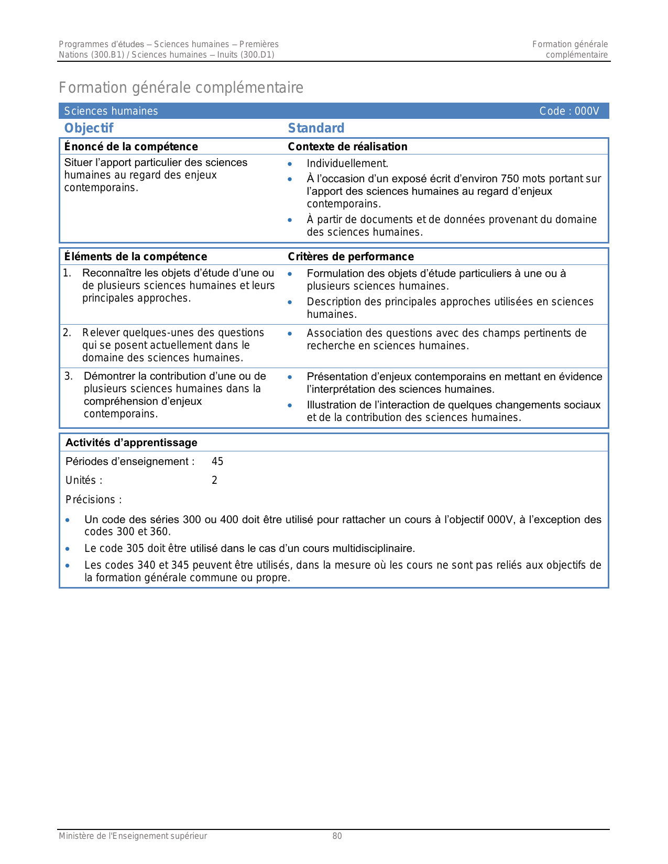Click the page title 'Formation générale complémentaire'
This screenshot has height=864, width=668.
[181, 87]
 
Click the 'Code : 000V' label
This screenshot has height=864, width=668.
[569, 111]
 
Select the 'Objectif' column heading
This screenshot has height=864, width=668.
[89, 128]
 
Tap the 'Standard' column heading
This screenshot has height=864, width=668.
[316, 128]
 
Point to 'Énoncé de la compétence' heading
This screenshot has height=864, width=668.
[131, 147]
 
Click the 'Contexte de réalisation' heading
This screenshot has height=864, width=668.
[347, 147]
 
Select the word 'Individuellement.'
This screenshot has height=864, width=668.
[347, 163]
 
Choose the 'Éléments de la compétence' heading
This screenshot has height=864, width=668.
[136, 257]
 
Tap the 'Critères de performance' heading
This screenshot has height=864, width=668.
[351, 257]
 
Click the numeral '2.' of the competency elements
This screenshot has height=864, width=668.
[67, 333]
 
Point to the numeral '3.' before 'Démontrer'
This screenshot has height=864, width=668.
[69, 376]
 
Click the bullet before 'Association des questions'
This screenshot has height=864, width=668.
[290, 334]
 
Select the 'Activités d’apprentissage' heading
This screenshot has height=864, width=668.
[132, 442]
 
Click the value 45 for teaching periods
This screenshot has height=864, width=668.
[217, 461]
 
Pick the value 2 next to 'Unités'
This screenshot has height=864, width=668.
[214, 480]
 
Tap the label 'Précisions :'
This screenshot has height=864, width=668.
[94, 500]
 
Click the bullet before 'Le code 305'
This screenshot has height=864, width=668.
[68, 549]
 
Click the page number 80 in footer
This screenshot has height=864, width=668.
[337, 836]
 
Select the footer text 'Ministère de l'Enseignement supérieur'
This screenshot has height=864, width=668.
[133, 836]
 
